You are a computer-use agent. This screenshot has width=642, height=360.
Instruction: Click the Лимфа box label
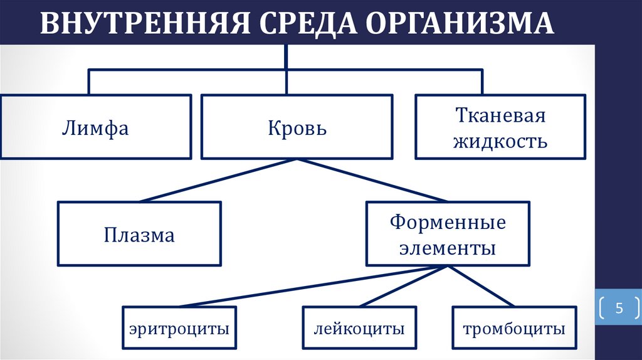95,129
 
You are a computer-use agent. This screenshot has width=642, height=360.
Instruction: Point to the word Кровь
297,129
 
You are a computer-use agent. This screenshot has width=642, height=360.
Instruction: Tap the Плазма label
139,236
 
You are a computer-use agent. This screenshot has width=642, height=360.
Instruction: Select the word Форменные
448,223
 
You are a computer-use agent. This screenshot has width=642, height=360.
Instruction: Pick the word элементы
448,248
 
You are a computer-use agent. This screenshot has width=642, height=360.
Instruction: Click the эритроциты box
179,328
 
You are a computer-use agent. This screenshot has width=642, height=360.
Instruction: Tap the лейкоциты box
359,328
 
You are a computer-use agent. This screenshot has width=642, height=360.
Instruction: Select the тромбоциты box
513,328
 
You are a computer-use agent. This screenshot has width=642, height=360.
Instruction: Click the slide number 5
618,308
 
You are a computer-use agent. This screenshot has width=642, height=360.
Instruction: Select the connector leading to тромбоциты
480,287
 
